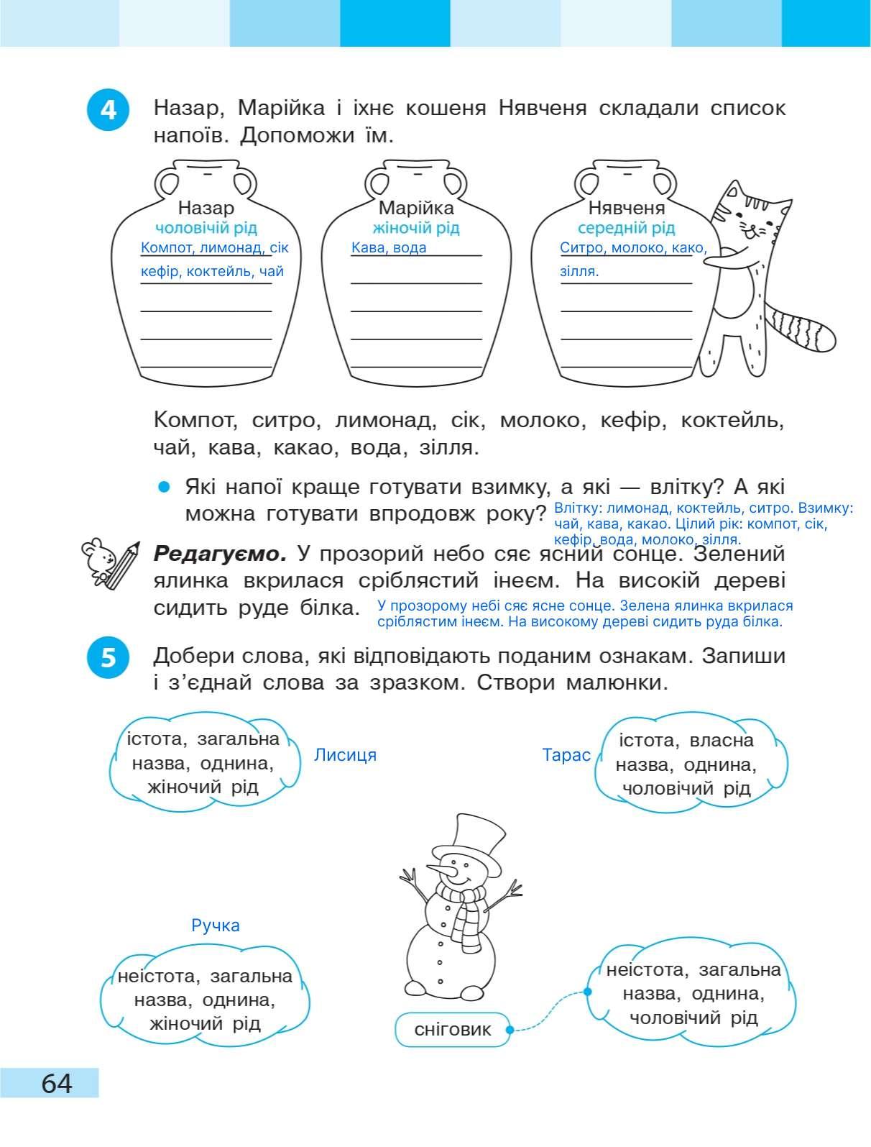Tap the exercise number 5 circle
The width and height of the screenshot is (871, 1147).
pos(109,657)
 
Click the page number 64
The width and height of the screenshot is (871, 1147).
pos(57,1082)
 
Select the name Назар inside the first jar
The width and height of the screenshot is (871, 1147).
pos(206,208)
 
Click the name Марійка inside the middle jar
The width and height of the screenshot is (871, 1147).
pos(416,208)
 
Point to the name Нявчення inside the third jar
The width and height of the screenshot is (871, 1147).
pos(627,208)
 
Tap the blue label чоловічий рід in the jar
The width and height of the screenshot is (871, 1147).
pos(206,228)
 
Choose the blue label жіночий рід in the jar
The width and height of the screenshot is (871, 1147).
pos(416,228)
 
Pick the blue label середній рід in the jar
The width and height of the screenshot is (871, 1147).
pos(627,228)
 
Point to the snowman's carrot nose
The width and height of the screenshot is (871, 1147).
pos(443,872)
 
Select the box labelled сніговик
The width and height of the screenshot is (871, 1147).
pos(453,1030)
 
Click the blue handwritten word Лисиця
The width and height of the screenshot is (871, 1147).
pos(345,755)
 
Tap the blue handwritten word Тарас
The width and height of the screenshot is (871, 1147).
pos(566,756)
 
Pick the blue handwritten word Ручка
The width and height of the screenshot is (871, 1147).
pos(216,926)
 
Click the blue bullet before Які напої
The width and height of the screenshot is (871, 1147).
pos(165,488)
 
